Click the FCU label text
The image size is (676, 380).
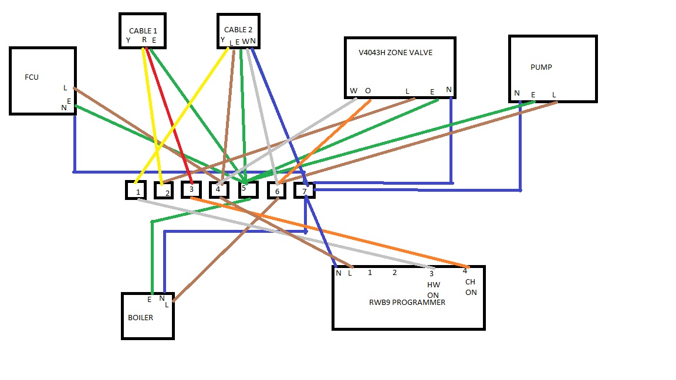click(32, 77)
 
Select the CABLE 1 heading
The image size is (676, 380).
click(143, 30)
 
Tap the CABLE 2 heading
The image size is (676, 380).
click(238, 29)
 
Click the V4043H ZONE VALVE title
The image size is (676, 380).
click(396, 52)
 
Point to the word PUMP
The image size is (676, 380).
click(541, 67)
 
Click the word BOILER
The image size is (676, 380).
click(140, 317)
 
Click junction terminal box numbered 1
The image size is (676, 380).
click(136, 191)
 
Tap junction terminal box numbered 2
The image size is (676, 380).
click(164, 191)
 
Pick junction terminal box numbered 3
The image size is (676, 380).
click(191, 189)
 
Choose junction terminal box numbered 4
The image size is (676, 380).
click(218, 189)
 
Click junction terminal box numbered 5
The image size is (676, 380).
click(248, 189)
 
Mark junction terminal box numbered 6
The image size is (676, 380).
click(276, 191)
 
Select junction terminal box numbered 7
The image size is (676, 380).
click(304, 191)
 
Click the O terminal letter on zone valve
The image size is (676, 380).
click(368, 90)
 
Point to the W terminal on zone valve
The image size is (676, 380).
click(353, 90)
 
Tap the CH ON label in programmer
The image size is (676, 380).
click(471, 287)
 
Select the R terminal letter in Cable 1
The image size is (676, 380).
click(144, 40)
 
